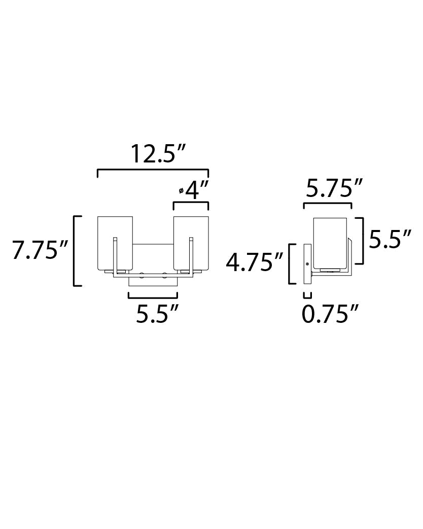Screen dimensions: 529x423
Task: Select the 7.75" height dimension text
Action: [x=40, y=251]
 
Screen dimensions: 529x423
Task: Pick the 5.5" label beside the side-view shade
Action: [x=390, y=239]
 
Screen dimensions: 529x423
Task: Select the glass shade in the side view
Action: [x=330, y=243]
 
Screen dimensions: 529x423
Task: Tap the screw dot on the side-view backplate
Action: [x=307, y=263]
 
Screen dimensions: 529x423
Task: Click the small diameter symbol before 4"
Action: [x=181, y=191]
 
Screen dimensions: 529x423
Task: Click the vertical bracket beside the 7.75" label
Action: [x=75, y=251]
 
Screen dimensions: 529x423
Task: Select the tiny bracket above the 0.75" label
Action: [x=307, y=295]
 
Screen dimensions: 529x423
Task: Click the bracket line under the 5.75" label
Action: [x=327, y=204]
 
